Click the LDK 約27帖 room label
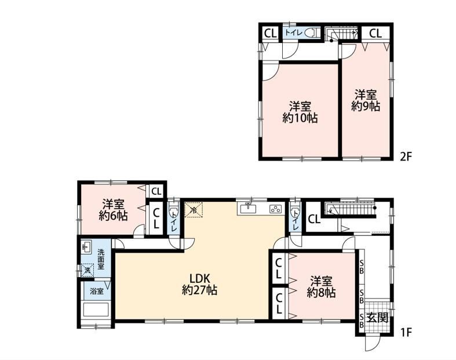pos(199,284)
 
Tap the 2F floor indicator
pos(406,157)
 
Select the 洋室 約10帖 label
pos(300,112)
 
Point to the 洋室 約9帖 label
pos(366,100)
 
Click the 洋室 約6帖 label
pos(113,209)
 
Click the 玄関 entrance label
pos(377,318)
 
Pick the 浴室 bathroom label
pos(97,291)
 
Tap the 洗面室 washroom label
pos(101,259)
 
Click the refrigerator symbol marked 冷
pos(193,209)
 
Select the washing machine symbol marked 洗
pos(87,270)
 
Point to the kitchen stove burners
pos(275,209)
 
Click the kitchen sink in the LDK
pos(248,209)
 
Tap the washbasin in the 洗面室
pos(86,248)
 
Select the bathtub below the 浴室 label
pos(96,310)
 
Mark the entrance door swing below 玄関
pos(373,344)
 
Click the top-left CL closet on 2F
pos(271,34)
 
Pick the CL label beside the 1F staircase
pos(315,219)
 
